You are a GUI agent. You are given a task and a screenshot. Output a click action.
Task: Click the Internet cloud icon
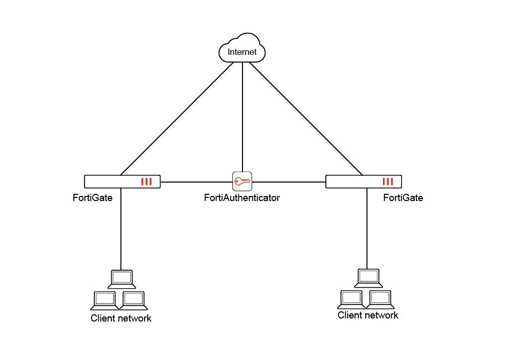pos(242,50)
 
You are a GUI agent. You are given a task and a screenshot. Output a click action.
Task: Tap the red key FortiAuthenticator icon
pos(242,181)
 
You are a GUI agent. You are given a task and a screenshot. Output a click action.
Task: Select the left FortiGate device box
pos(122,182)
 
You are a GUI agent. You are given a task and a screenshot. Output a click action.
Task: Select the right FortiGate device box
pos(363,182)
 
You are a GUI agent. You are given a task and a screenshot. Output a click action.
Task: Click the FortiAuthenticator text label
pos(242,197)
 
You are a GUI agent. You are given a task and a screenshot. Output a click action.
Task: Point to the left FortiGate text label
pos(93,197)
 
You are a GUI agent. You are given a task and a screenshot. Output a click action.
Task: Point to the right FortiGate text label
pos(403,197)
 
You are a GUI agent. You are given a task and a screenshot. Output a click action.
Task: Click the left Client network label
pos(121,318)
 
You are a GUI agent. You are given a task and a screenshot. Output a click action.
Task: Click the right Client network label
pos(368,315)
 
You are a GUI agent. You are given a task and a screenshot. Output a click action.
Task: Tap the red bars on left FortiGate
pos(147,182)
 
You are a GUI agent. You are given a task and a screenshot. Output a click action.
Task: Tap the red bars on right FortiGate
pos(388,182)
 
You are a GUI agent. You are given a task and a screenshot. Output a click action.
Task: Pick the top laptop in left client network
pos(122,279)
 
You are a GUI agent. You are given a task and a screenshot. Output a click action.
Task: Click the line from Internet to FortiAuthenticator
pos(242,118)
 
